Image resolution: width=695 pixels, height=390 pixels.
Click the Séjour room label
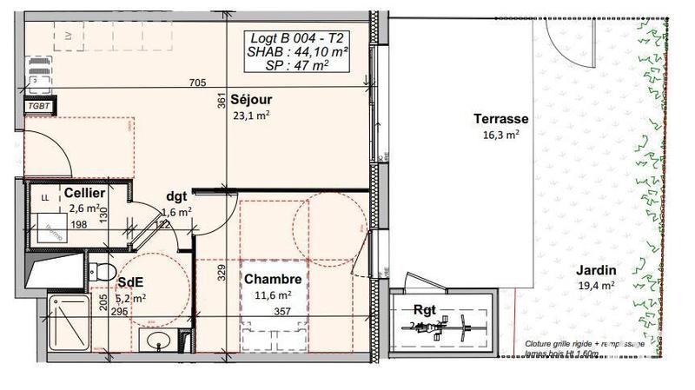(252, 100)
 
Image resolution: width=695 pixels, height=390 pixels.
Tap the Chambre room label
(273, 280)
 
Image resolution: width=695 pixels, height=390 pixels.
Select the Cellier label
(85, 193)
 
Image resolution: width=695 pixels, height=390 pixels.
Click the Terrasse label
(501, 119)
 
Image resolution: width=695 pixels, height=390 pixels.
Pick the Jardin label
(594, 270)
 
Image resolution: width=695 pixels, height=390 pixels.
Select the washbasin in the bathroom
(158, 340)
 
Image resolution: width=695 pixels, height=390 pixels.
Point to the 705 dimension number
(198, 83)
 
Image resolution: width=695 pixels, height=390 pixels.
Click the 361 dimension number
(222, 102)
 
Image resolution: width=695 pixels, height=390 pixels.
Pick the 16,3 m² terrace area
(501, 135)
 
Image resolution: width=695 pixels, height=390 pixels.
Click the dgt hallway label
(177, 196)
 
